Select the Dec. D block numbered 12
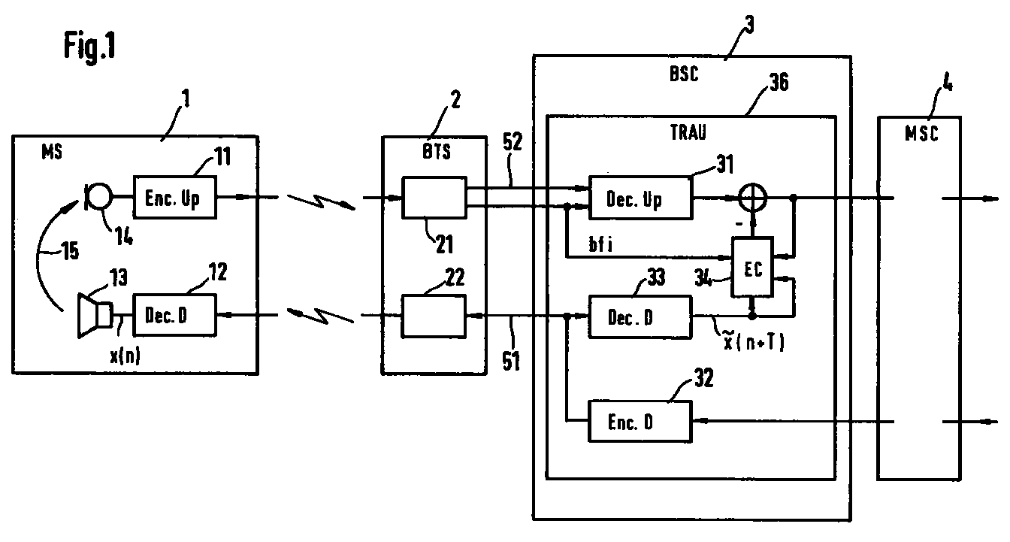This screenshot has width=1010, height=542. pos(175,316)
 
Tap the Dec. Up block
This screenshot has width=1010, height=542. pos(639,198)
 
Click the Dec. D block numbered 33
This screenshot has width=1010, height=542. pos(639,316)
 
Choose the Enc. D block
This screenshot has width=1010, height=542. pos(639,422)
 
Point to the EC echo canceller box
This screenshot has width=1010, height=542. pos(754,268)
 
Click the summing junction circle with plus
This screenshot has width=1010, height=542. pos(751,198)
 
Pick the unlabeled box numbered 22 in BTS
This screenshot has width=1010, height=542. pos(434,316)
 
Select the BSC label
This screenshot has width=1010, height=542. pos(683,75)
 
